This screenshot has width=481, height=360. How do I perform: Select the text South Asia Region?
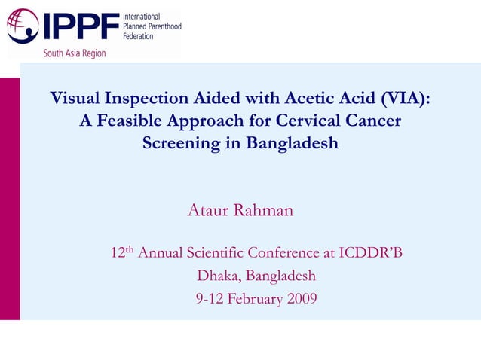(x=75, y=53)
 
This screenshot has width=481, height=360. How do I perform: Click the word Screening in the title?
(x=181, y=142)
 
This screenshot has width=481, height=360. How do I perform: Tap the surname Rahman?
(x=263, y=210)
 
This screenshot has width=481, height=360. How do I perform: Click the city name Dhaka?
(x=218, y=276)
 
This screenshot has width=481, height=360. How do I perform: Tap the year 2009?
(x=300, y=299)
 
